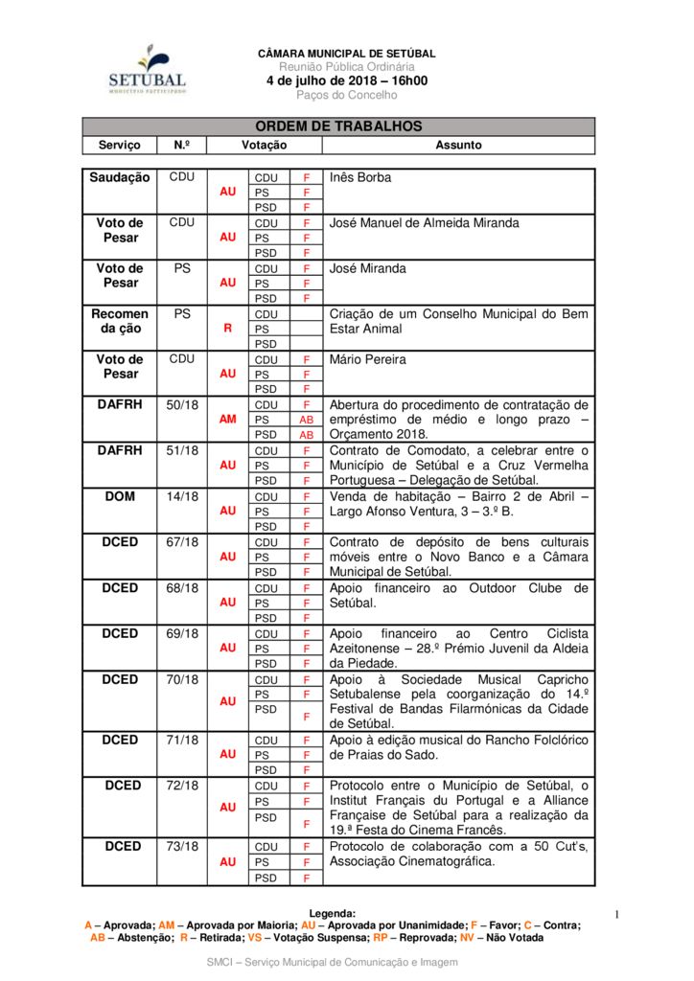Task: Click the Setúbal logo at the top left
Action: (147, 69)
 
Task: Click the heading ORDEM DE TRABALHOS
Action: (338, 126)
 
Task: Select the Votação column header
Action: (264, 145)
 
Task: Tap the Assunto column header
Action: (458, 145)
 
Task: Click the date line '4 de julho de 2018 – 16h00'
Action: (347, 80)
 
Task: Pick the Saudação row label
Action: (120, 177)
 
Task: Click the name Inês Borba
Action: (360, 177)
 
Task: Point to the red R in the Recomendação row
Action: (228, 329)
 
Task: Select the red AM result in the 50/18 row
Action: (228, 420)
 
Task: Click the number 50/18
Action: (182, 405)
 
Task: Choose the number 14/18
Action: (182, 496)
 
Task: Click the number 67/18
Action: (182, 542)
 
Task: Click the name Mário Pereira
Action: (368, 359)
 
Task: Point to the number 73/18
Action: (182, 846)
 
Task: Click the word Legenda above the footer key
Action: (333, 913)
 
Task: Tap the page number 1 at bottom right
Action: (617, 915)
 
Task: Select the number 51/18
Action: (182, 450)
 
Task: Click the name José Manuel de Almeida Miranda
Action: (424, 222)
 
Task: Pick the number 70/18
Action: (182, 679)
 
